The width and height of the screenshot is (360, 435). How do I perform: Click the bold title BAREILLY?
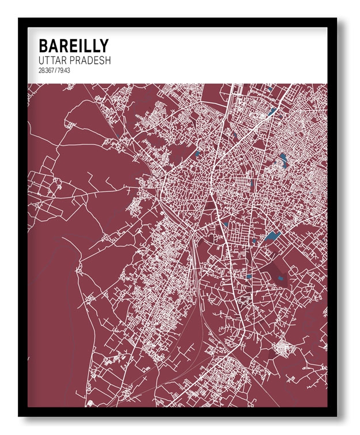[x=73, y=46]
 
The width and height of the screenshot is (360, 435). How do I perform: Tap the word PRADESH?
[x=90, y=60]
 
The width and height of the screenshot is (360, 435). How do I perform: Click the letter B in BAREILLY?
[x=43, y=46]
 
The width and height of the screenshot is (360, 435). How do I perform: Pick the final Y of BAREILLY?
[x=103, y=46]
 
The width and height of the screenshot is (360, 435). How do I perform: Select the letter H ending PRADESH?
[x=108, y=60]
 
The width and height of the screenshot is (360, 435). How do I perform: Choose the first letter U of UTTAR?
[x=41, y=60]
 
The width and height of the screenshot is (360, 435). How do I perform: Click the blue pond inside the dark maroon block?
[x=280, y=278]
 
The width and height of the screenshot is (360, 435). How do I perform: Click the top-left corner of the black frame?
[x=20, y=20]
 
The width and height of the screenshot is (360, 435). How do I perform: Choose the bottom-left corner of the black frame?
[x=20, y=415]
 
